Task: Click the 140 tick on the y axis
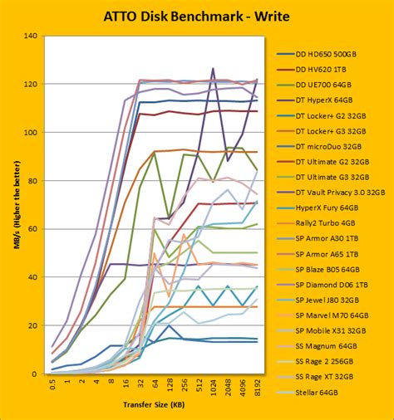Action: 31,36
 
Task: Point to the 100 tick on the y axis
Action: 31,133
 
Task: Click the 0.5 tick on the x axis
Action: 53,385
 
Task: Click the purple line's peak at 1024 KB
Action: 214,69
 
